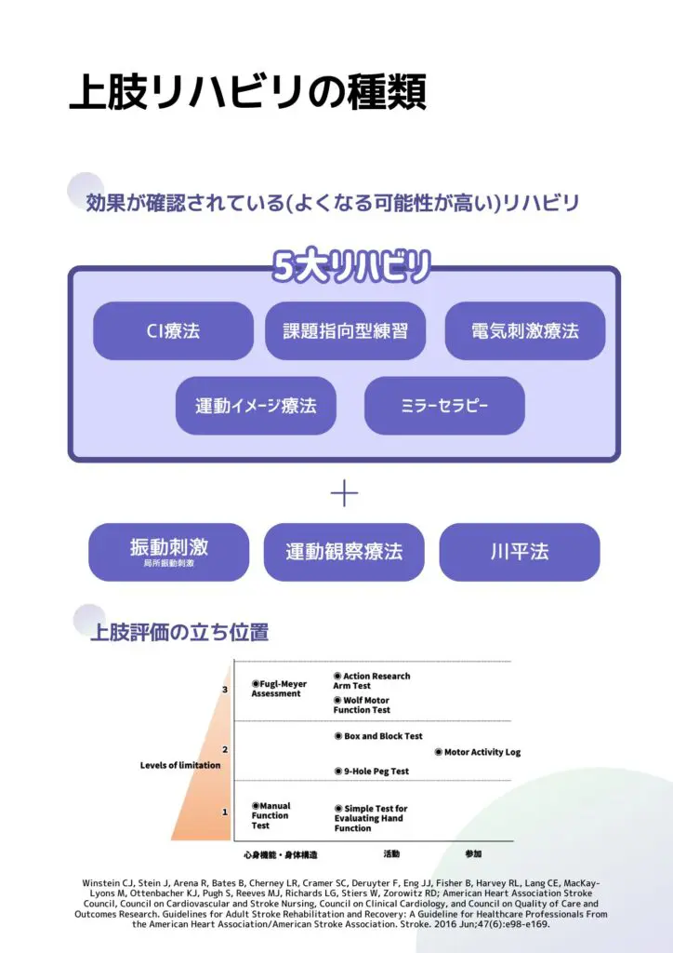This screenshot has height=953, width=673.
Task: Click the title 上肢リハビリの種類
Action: [247, 92]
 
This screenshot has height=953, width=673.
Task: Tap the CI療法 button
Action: [173, 330]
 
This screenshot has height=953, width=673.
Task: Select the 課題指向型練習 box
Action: [345, 330]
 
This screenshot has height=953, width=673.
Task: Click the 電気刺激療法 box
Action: [525, 330]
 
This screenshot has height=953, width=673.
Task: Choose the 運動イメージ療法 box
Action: [256, 406]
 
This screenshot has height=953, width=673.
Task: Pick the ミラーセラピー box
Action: [444, 406]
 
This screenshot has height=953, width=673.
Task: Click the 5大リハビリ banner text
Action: [351, 266]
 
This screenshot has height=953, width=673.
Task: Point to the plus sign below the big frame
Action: [344, 493]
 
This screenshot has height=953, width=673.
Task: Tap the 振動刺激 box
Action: [168, 552]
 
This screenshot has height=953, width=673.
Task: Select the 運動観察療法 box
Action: [344, 552]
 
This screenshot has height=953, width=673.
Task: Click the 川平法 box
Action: [520, 552]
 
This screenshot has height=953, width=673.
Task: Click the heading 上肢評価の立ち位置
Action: [179, 632]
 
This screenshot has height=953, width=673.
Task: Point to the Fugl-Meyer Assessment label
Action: [279, 689]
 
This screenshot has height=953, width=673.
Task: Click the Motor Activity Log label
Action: [478, 752]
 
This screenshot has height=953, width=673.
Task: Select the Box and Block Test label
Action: [378, 736]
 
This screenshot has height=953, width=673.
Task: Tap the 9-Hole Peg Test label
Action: [372, 772]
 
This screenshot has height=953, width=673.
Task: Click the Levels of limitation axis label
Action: [180, 765]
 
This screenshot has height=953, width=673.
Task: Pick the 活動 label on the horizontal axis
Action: [391, 854]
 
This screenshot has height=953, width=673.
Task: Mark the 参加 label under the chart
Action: [473, 854]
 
